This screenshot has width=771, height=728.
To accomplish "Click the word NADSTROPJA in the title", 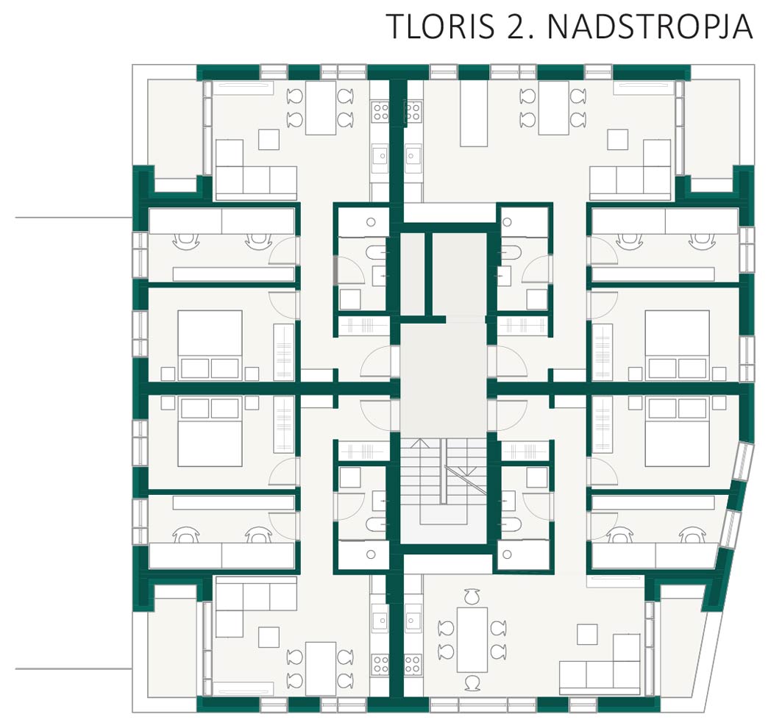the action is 650,26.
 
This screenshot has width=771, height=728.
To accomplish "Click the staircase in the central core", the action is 444,482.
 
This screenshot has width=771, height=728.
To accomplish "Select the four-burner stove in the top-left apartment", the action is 381,111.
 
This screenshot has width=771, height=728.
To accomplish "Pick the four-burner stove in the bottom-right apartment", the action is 413,663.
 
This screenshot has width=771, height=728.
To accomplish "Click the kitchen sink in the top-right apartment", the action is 413,156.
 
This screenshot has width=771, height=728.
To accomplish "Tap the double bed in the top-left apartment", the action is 210,345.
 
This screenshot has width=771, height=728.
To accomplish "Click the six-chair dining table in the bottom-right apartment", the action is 472,640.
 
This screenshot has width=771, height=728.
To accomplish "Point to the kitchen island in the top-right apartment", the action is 474,113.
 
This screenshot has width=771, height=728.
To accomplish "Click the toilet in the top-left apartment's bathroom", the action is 374,252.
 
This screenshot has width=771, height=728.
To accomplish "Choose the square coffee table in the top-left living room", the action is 269,140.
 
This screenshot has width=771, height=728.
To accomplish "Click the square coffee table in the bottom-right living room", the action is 587,634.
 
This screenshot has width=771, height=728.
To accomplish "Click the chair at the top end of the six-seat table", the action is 472,596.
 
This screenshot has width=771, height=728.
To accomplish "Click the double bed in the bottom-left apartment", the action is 210,432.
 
